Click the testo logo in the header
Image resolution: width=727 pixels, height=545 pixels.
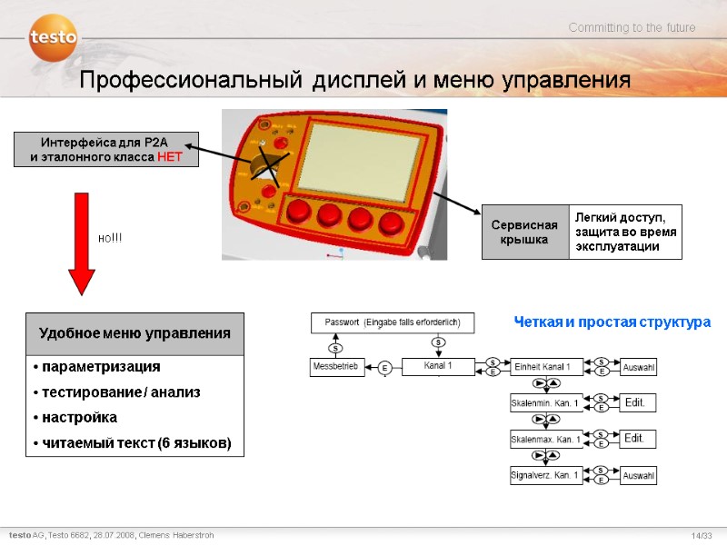[x=53, y=38]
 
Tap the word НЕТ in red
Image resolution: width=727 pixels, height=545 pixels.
[x=170, y=157]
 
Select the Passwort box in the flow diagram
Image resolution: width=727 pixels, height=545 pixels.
[x=393, y=322]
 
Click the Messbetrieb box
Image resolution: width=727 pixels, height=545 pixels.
[x=338, y=367]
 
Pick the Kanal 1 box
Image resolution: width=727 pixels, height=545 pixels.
[x=438, y=367]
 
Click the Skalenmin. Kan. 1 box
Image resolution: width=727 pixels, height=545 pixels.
[x=546, y=402]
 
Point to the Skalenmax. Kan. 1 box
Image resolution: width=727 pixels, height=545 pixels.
[x=546, y=439]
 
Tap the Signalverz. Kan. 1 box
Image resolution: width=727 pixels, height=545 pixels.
[x=546, y=474]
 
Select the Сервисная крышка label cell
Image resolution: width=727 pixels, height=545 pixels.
[x=524, y=232]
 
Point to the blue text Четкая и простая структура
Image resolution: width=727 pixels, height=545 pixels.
[x=612, y=322]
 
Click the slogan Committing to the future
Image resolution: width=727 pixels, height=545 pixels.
[x=632, y=28]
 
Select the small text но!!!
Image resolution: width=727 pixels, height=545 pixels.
[x=110, y=237]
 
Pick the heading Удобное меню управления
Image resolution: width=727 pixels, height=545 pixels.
[x=134, y=333]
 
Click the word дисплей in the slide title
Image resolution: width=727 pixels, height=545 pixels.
[x=357, y=80]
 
